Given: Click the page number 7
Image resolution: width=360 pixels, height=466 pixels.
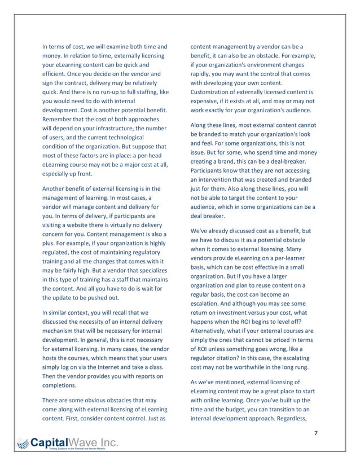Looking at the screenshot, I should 316,433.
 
